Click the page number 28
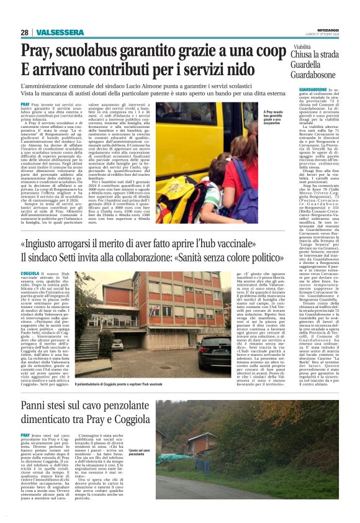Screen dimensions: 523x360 click(24, 32)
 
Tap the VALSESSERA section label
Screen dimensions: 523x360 click(52, 32)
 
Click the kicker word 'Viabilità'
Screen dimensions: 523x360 click(302, 47)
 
